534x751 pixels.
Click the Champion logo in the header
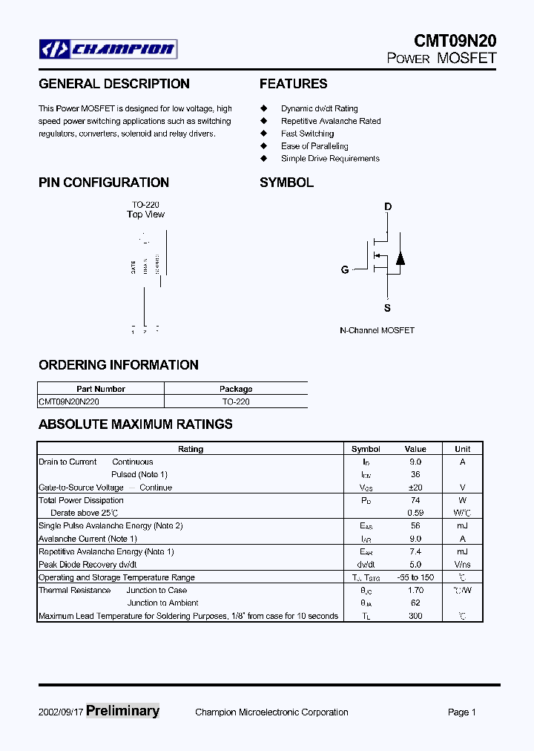click(x=108, y=50)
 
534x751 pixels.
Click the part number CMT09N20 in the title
click(x=454, y=42)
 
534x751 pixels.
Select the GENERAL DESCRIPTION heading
click(x=114, y=84)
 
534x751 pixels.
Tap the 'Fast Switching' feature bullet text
click(x=307, y=134)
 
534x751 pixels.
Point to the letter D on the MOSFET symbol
click(x=387, y=207)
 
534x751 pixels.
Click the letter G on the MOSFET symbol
click(x=345, y=270)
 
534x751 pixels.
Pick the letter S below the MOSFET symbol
click(x=387, y=308)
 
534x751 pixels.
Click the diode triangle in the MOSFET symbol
click(x=400, y=258)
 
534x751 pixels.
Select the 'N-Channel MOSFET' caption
click(x=377, y=330)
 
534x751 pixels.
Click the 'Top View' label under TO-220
click(x=145, y=214)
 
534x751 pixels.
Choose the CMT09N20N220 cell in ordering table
click(x=69, y=401)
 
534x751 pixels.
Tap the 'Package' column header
click(x=236, y=389)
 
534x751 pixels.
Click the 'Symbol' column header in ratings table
click(x=366, y=449)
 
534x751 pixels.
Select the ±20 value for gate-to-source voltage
click(x=415, y=488)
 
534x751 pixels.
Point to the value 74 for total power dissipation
click(x=415, y=500)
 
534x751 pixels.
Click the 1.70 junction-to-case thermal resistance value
click(x=415, y=591)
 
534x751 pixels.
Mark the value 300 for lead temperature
click(x=415, y=616)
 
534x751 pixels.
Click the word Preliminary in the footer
click(x=122, y=711)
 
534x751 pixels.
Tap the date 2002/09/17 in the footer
click(x=61, y=712)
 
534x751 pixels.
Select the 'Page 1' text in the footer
click(x=461, y=712)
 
